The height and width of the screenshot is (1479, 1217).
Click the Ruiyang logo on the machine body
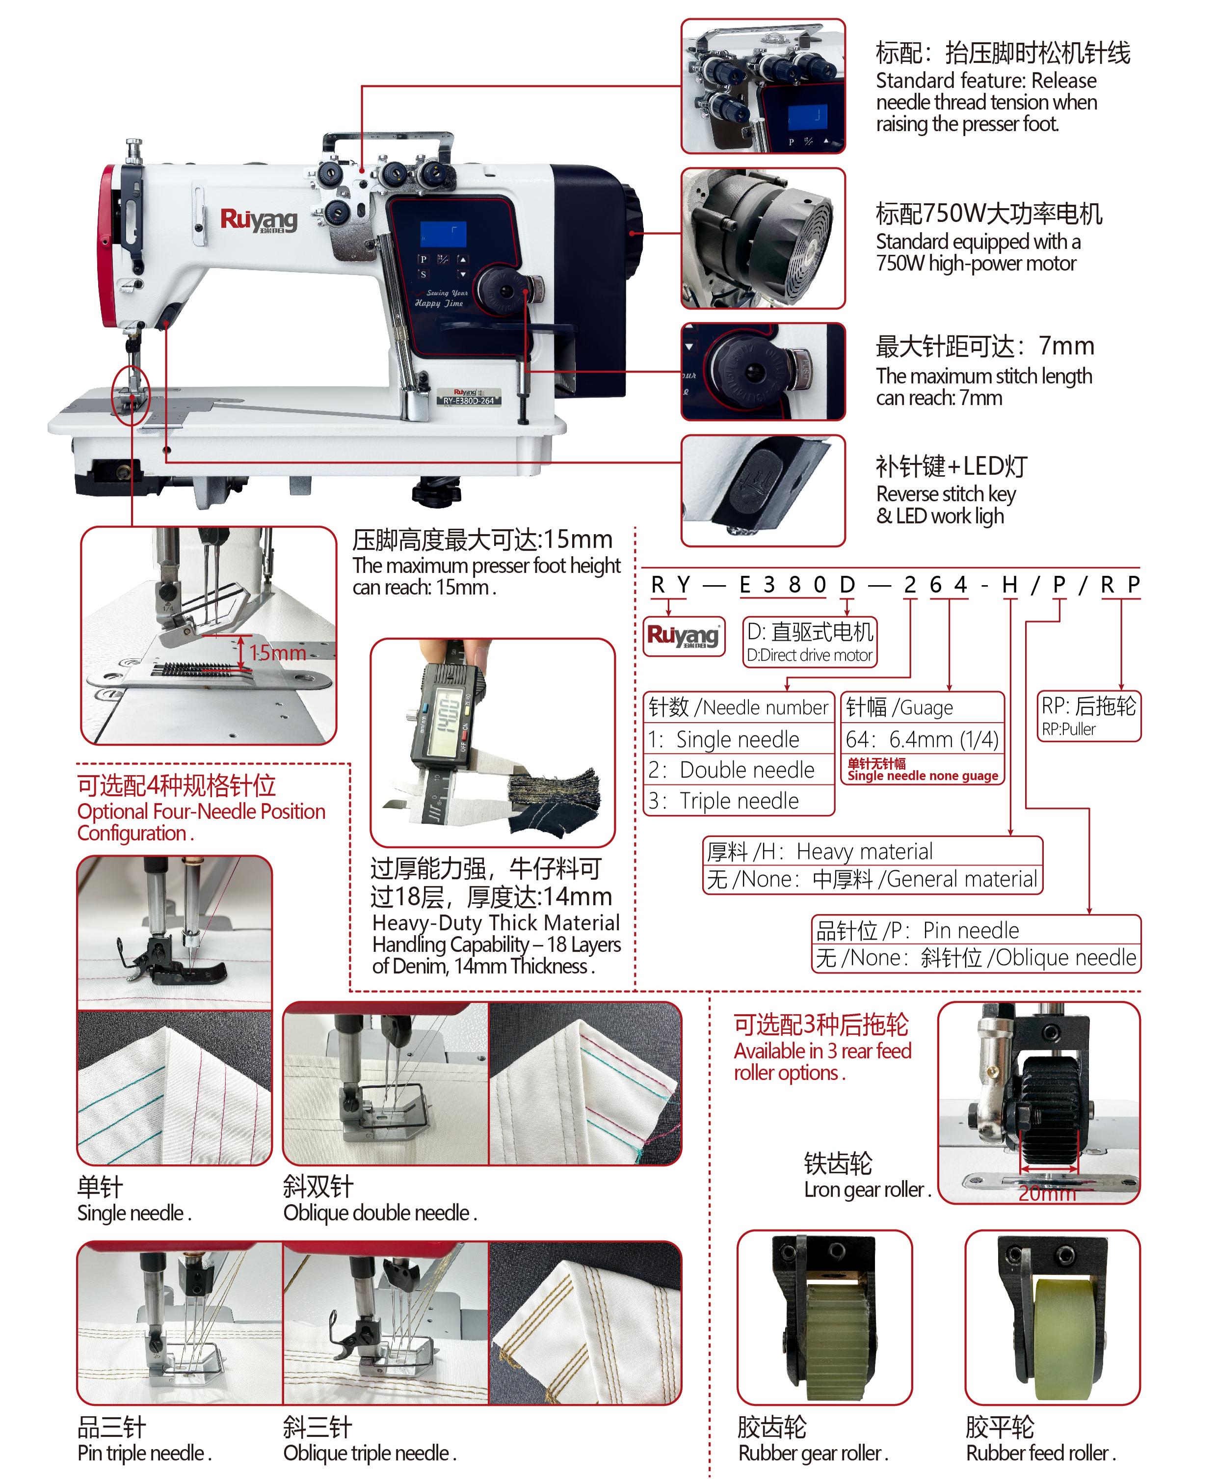pyautogui.click(x=259, y=220)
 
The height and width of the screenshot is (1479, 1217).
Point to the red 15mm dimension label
pyautogui.click(x=278, y=653)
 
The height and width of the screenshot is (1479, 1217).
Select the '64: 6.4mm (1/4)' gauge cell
pyautogui.click(x=922, y=739)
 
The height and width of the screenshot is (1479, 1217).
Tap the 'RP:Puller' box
pyautogui.click(x=1089, y=716)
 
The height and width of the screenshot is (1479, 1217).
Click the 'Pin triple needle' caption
pyautogui.click(x=144, y=1452)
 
